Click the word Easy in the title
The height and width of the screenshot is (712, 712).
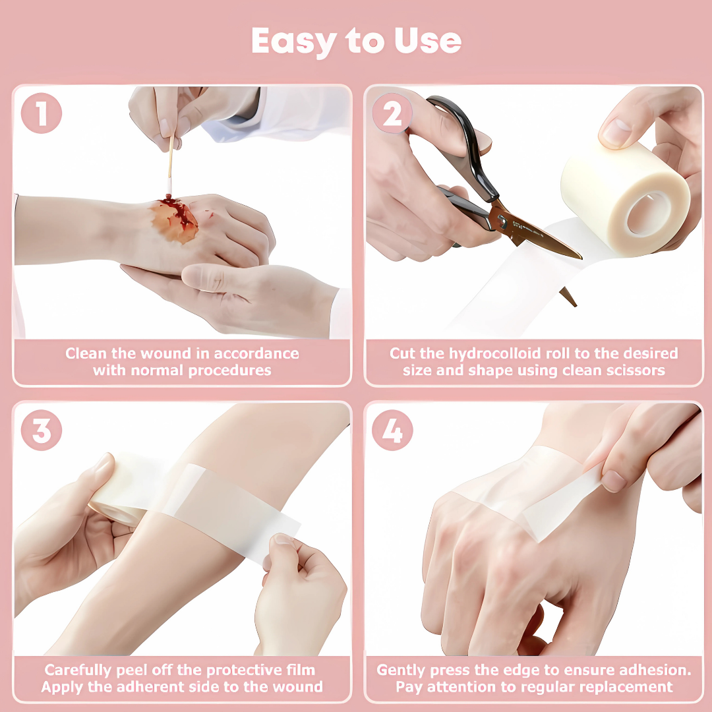pyautogui.click(x=294, y=41)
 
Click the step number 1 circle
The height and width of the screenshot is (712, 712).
pyautogui.click(x=42, y=113)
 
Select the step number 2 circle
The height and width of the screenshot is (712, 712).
pyautogui.click(x=392, y=113)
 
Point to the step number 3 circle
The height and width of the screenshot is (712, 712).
pyautogui.click(x=42, y=430)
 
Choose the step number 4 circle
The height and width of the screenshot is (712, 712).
pyautogui.click(x=392, y=430)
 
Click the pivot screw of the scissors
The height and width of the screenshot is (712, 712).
pyautogui.click(x=502, y=221)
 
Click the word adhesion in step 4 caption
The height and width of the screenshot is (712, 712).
pyautogui.click(x=655, y=670)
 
